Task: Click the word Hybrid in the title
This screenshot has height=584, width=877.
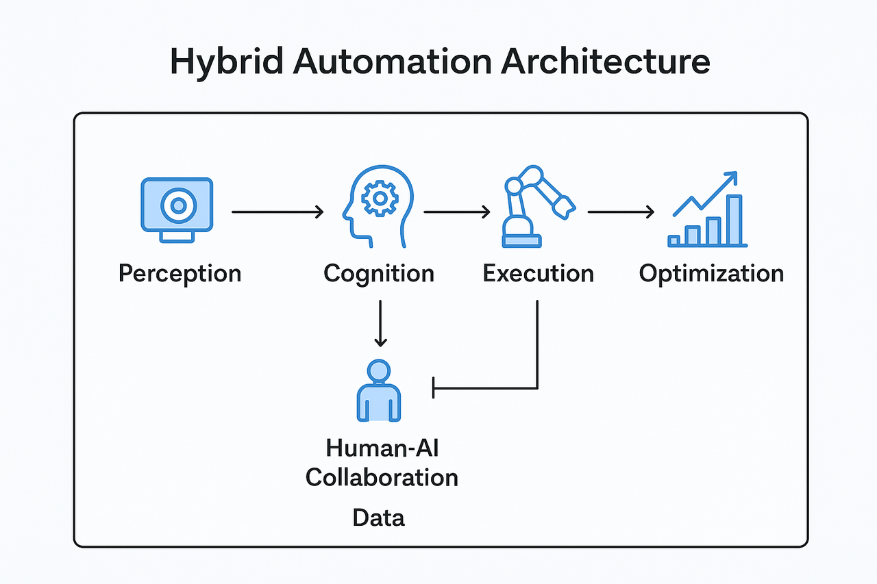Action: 224,62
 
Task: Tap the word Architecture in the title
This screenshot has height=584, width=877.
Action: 605,61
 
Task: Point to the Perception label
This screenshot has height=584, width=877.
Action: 180,273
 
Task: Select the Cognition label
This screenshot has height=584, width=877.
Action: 379,273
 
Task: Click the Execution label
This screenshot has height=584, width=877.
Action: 538,273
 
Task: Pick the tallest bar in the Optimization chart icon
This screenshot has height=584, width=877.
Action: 734,220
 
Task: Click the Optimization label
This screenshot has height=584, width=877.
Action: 711,273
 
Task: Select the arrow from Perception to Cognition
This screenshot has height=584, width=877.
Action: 277,212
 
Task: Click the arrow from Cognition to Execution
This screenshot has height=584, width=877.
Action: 457,212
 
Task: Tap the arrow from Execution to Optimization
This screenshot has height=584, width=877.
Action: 621,212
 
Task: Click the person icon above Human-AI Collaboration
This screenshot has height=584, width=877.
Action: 379,391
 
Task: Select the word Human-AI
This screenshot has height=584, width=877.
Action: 382,448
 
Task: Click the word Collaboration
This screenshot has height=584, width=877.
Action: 382,477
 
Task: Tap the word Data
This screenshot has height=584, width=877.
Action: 379,518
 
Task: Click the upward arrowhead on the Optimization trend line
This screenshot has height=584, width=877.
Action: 730,177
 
